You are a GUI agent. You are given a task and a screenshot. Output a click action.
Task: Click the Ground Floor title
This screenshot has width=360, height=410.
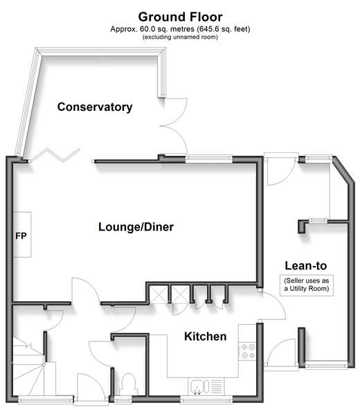[x=180, y=17]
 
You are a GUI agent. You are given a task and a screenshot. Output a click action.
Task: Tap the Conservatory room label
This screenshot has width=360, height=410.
[x=95, y=107]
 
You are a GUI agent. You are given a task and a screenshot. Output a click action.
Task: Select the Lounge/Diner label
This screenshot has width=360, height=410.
[x=136, y=226]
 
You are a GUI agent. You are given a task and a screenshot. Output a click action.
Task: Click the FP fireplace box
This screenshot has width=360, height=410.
[x=22, y=235]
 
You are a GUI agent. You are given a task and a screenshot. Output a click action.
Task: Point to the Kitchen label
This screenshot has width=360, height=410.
[x=205, y=337]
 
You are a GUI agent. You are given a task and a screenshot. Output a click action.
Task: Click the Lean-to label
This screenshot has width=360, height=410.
[x=306, y=266]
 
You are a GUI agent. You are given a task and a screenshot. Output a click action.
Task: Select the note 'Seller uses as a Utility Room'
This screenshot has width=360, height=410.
[x=307, y=285]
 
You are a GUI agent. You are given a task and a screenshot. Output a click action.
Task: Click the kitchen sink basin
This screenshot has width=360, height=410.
[x=197, y=387]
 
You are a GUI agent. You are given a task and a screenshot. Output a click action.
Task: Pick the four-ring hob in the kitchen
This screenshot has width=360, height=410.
[x=247, y=351]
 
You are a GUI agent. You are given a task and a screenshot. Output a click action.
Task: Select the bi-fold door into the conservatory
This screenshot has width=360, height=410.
[x=55, y=155]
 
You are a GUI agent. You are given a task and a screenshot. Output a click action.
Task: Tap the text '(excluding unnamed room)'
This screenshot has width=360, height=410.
[x=180, y=37]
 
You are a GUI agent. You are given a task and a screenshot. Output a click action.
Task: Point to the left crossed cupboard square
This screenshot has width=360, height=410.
[x=159, y=294]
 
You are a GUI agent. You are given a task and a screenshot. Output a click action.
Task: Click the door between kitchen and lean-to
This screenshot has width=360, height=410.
[x=273, y=305]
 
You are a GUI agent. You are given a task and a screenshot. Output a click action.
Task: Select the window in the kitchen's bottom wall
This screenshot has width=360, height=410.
[x=206, y=400]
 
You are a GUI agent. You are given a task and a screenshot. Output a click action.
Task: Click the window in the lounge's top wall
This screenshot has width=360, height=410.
[x=209, y=159]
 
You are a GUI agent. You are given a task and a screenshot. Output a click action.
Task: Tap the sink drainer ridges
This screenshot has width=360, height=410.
[x=216, y=386]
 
